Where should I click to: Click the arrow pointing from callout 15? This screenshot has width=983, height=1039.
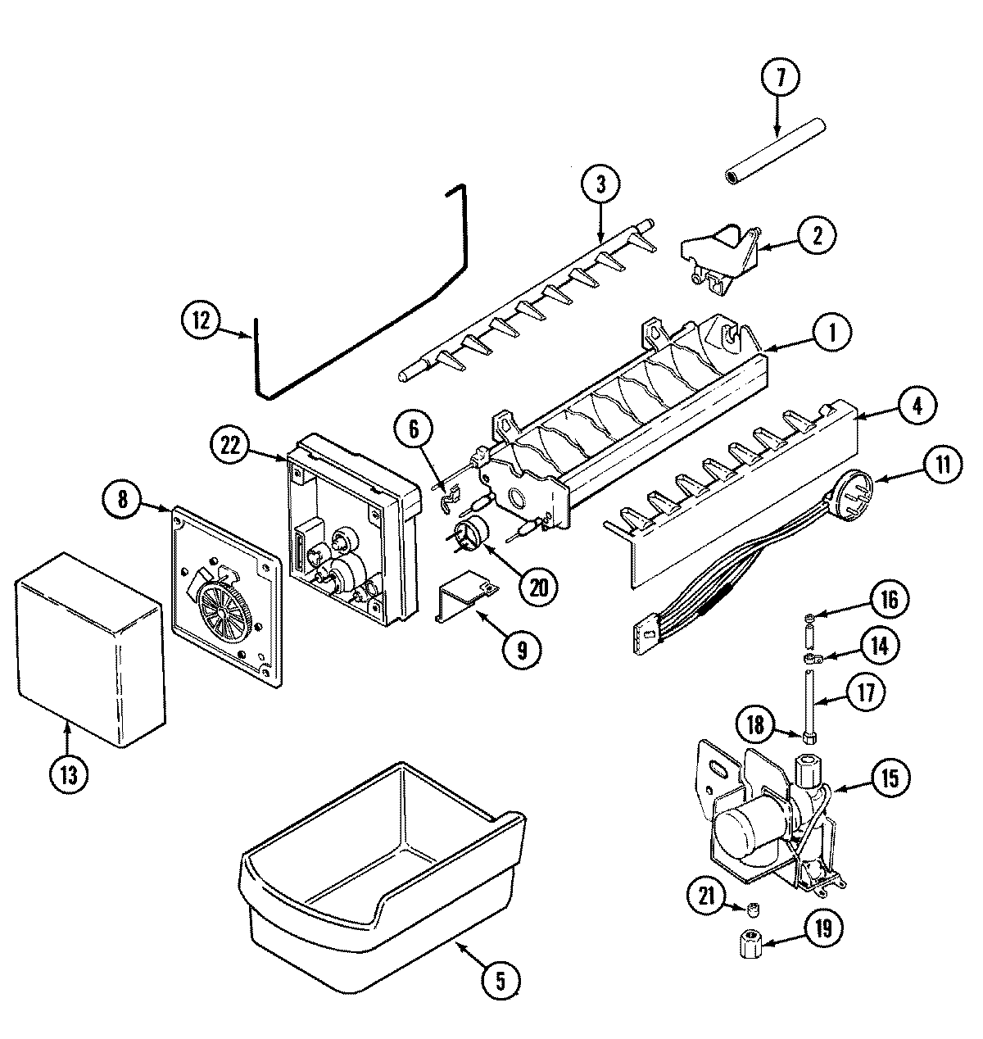point(849,785)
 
